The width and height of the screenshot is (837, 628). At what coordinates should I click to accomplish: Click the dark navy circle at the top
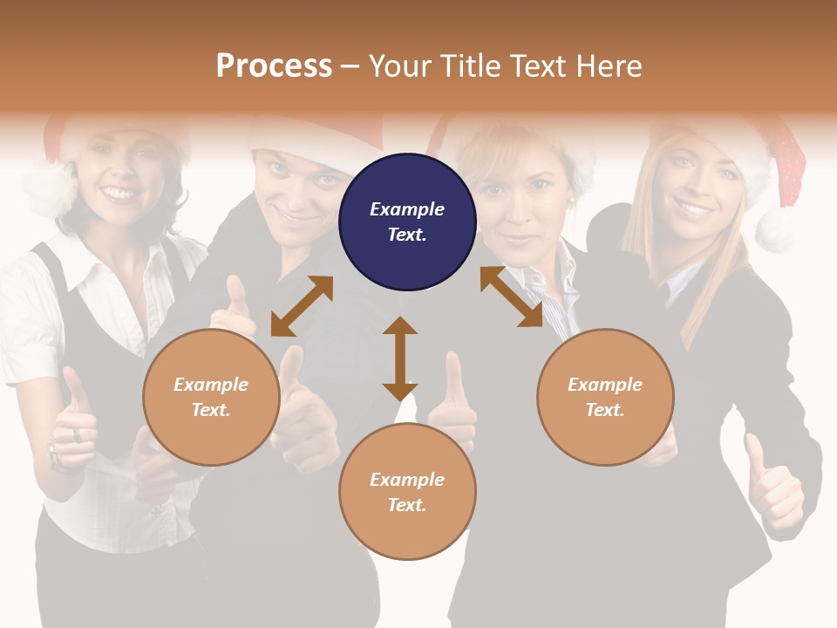point(407,222)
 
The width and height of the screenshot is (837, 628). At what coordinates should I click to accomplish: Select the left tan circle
point(211,397)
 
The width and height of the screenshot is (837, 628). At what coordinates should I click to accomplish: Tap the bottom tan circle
point(407,491)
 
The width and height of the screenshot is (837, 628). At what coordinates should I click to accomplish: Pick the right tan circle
point(605,397)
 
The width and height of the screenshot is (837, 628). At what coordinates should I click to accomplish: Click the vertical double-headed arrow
point(400,358)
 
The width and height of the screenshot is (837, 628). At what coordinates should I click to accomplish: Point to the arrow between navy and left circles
point(302,306)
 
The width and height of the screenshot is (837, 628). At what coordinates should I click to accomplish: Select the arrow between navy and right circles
point(511,297)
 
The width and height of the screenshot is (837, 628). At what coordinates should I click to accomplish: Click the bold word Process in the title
point(274,65)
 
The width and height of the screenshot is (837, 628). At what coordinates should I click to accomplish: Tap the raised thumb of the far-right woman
point(755,454)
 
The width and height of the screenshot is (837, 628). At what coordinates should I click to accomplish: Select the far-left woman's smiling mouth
point(120,194)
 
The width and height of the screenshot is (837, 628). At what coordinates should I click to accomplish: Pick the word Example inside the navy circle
point(407,209)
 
